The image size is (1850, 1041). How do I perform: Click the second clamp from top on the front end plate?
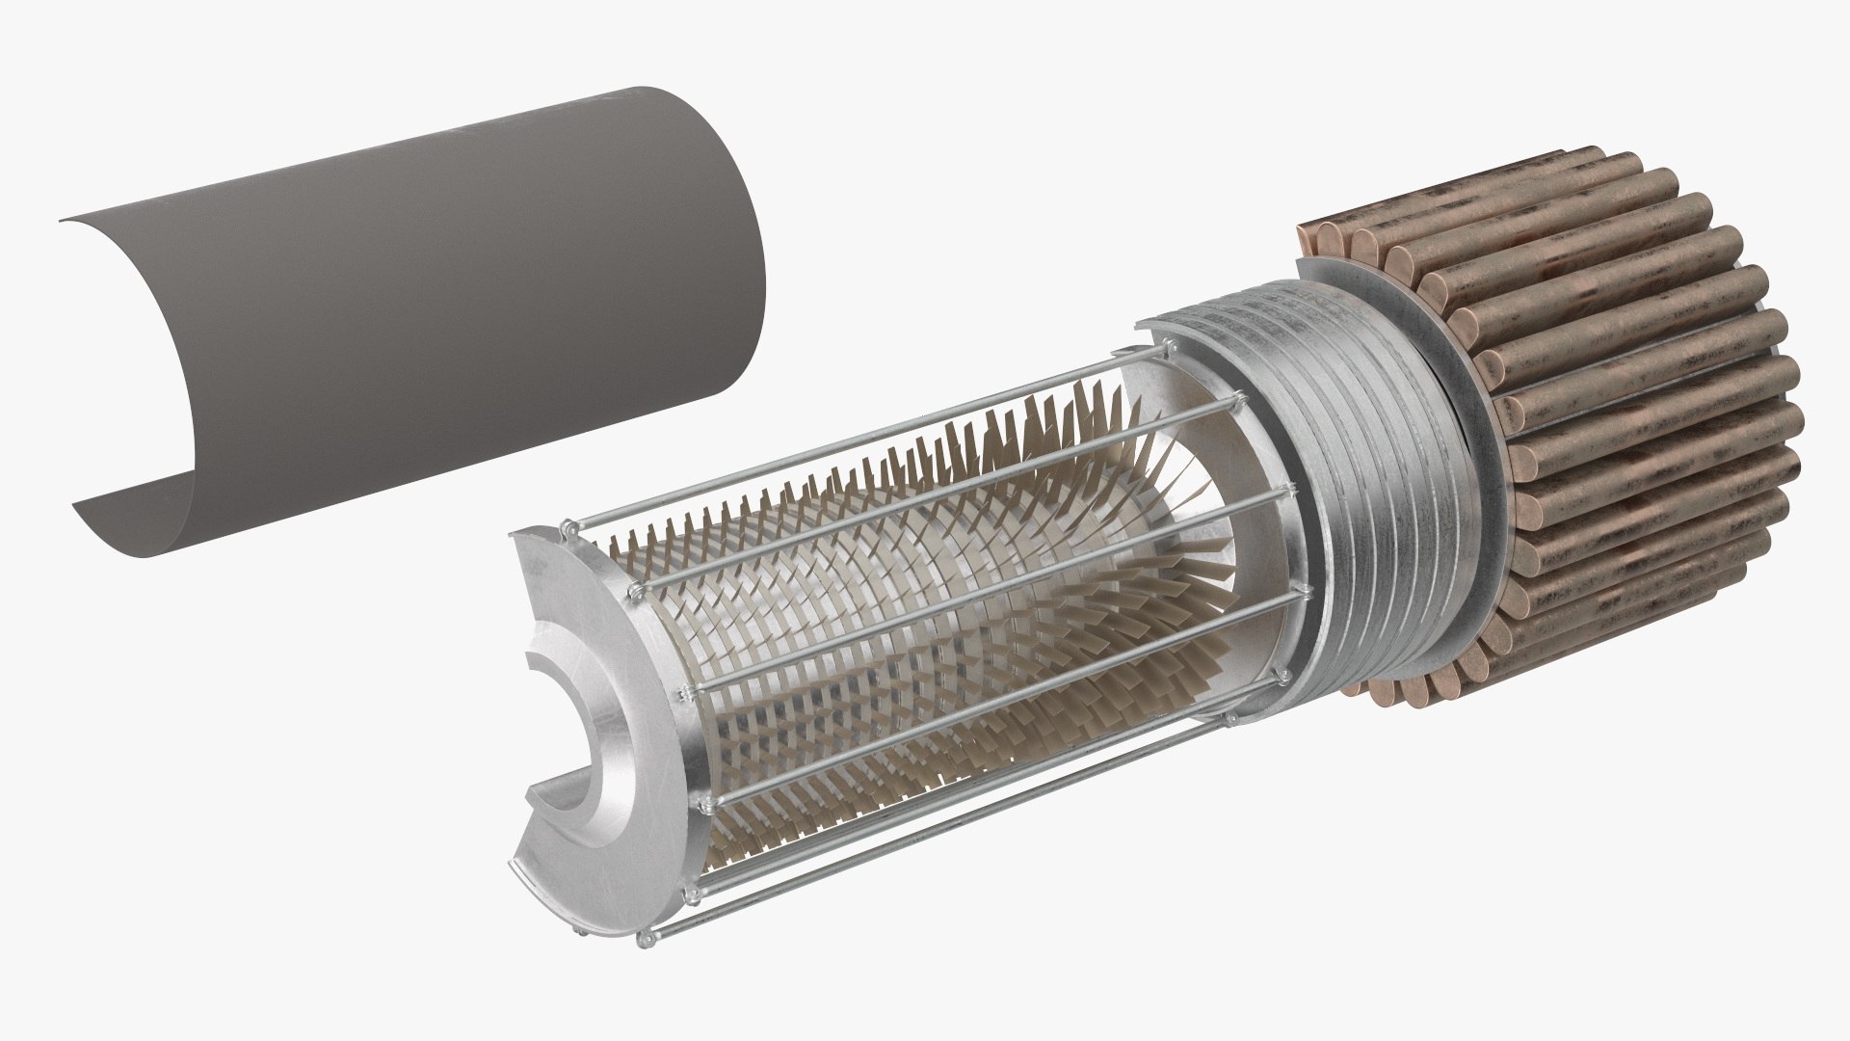[x=633, y=587]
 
